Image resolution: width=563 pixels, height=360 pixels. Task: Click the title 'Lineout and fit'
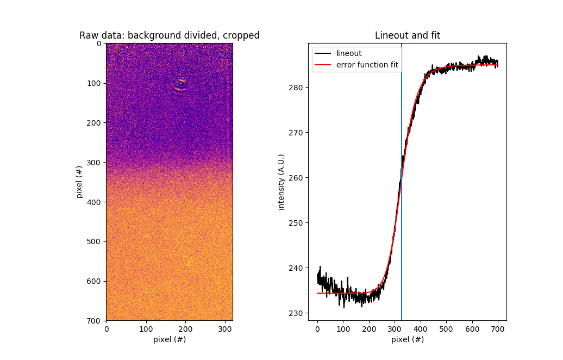point(407,35)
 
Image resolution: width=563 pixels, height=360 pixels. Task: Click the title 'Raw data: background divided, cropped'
point(169,35)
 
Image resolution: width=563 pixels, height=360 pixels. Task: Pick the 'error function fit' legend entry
point(367,65)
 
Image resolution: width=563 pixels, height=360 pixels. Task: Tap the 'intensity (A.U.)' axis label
point(281,182)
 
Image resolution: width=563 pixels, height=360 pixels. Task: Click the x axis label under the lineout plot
point(407,339)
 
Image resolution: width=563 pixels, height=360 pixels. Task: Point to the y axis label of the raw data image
point(79,182)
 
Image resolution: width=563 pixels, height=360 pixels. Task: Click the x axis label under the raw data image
point(169,339)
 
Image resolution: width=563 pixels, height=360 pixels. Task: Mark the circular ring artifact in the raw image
point(180,84)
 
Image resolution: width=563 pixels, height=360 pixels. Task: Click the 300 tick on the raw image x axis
point(225,328)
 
